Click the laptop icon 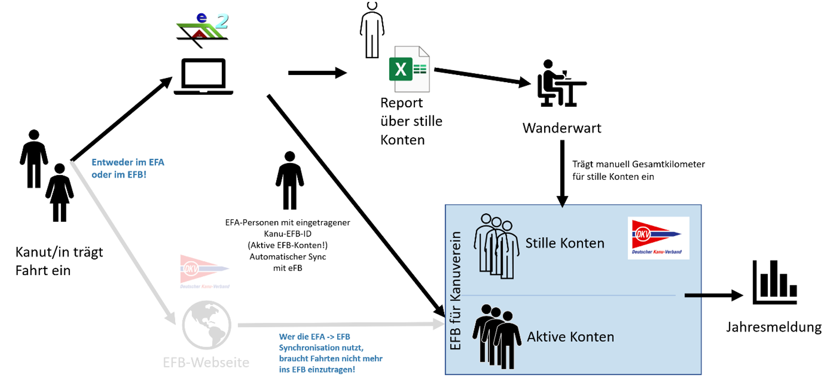click(x=203, y=76)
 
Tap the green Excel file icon click(x=409, y=69)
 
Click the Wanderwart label click(x=561, y=128)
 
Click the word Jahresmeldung click(x=773, y=327)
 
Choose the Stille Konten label click(x=564, y=243)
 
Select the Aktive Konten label click(x=570, y=337)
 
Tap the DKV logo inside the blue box click(x=658, y=238)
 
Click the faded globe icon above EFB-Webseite click(x=207, y=325)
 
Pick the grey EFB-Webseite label click(x=206, y=362)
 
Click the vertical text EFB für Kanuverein click(x=455, y=290)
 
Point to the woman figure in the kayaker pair click(x=60, y=193)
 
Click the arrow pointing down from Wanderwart click(x=562, y=173)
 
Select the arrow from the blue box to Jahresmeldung click(x=713, y=295)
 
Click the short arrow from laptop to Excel click(x=317, y=73)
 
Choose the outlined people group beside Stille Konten click(x=497, y=246)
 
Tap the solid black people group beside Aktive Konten click(x=497, y=336)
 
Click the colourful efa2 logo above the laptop click(x=202, y=30)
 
